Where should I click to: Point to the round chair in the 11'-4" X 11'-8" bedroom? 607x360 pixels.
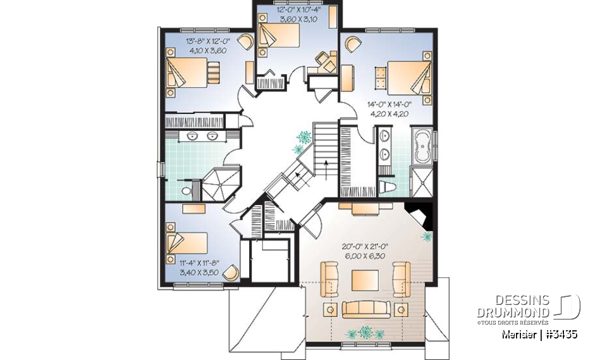233,272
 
